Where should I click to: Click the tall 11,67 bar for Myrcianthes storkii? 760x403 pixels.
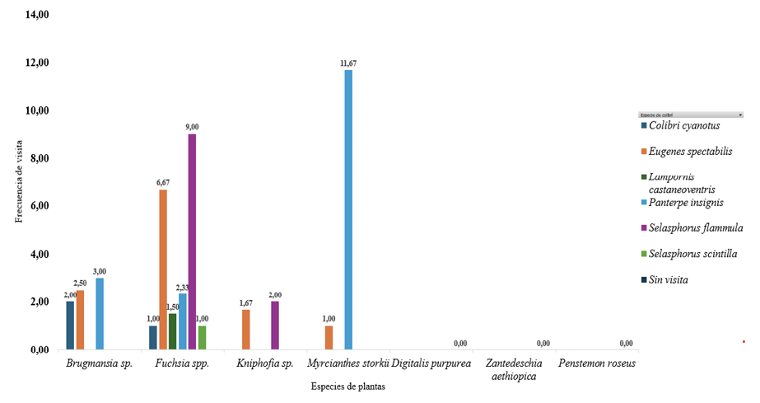(x=348, y=210)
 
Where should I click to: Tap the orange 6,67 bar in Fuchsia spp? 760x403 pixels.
(x=163, y=269)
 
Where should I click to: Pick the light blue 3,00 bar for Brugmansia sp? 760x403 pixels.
(x=100, y=314)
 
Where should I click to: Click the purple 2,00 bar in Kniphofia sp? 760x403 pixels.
(x=275, y=326)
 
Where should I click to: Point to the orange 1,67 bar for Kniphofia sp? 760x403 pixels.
(x=246, y=330)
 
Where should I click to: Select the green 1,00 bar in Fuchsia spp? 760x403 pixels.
(x=202, y=338)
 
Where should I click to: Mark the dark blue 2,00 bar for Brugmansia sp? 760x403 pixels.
(x=70, y=326)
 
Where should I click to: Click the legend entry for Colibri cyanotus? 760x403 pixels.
(x=683, y=125)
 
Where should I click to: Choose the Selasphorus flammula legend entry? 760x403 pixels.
(x=696, y=227)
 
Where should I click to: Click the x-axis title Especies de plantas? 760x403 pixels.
(x=347, y=386)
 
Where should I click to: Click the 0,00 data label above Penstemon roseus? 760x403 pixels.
(x=626, y=343)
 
